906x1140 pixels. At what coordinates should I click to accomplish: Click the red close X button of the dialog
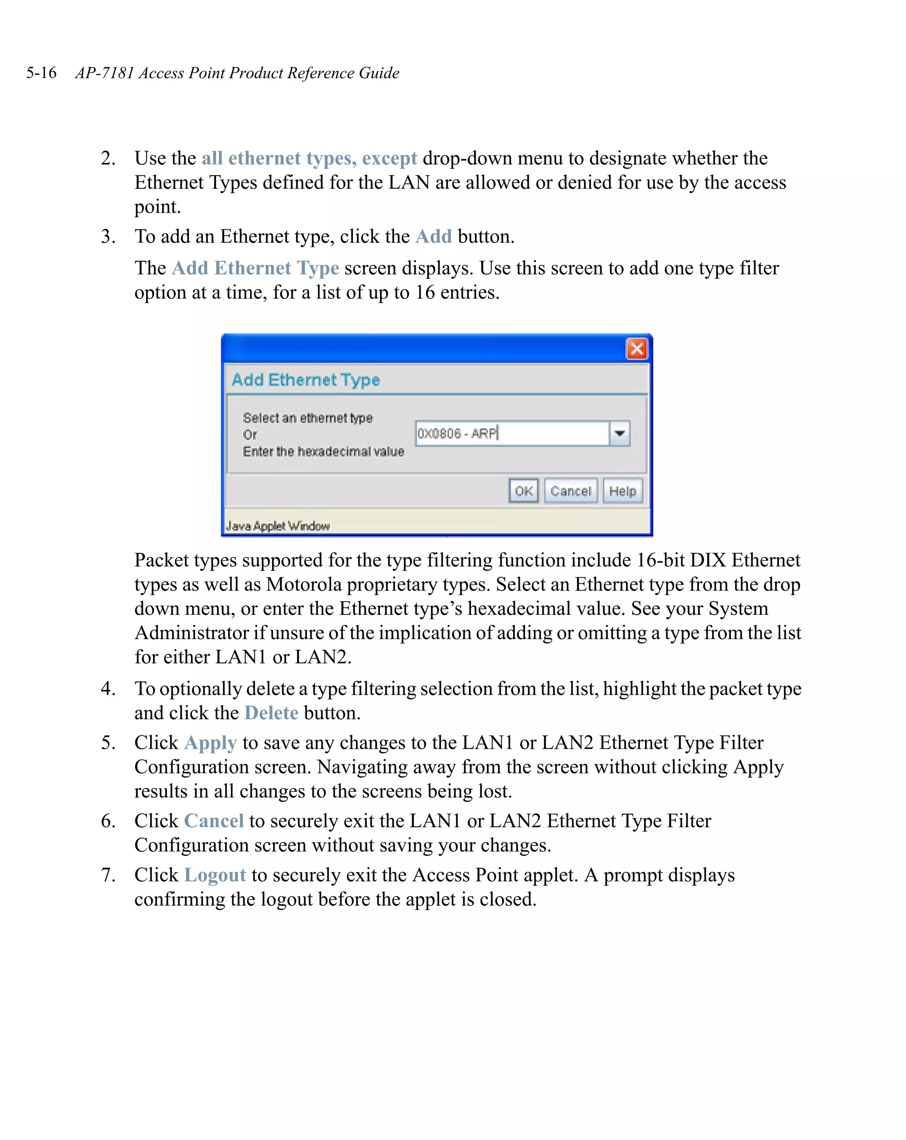pos(637,348)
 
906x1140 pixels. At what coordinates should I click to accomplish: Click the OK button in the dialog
pos(523,491)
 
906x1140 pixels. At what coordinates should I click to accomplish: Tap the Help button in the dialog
pos(622,491)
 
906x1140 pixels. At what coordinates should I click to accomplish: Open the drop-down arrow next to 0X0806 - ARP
pos(619,433)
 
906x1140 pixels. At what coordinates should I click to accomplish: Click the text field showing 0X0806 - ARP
pos(511,433)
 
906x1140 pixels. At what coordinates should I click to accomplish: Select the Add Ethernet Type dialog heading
pos(305,380)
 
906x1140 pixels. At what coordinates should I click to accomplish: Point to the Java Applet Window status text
pos(278,526)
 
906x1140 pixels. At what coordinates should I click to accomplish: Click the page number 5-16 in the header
pos(41,72)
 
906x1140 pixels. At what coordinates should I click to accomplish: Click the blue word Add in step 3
pos(434,236)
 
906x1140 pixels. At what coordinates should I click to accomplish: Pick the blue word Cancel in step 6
pos(214,820)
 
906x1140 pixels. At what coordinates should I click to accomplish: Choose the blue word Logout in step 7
pos(215,875)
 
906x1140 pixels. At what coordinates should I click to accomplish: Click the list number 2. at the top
pos(108,158)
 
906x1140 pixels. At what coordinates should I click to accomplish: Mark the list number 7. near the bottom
pos(108,875)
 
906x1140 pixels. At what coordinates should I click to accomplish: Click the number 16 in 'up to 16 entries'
pos(424,292)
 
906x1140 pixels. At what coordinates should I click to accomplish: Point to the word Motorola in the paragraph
pos(304,584)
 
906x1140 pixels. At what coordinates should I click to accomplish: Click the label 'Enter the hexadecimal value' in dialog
pos(323,452)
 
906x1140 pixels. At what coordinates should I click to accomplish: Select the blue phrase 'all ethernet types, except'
pos(309,158)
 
